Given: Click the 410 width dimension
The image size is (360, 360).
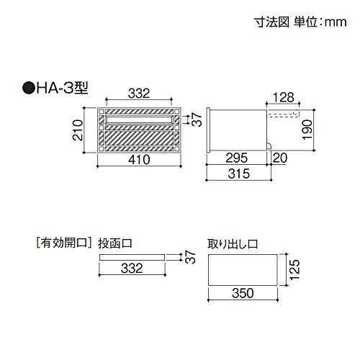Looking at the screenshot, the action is pos(139,160).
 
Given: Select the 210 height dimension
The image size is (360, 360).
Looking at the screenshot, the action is pos(78,130).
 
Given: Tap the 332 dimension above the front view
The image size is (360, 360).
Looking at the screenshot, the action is pos(139,94).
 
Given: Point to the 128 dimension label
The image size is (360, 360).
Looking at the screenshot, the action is pos(284,97).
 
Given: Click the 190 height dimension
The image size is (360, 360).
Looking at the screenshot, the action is pos(307,130).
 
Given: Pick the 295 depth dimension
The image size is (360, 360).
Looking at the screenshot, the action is pos(237,158).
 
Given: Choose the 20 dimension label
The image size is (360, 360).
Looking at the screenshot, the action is pos(280,158).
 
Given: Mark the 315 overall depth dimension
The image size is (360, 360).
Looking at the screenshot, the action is pos(238,174).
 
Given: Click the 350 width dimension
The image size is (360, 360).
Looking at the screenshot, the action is pos(243,293).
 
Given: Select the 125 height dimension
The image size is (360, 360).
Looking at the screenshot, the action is pos(294,269).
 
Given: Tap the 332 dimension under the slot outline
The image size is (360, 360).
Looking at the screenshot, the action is pos(132,268).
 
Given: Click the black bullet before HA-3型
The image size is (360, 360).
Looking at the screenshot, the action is pos(28,88).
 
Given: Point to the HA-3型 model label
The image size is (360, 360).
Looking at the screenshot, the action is pos(62,88).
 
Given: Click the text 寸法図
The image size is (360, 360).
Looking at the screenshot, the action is pos(271,22).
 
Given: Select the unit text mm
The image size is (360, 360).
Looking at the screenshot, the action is pos(336,23).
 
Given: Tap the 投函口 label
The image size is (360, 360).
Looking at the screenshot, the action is pos(115,243).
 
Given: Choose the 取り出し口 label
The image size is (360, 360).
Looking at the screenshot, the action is pos(233,244).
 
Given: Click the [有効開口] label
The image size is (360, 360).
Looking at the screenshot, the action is pos(64,243).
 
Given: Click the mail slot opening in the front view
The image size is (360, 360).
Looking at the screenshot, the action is pos(139,120).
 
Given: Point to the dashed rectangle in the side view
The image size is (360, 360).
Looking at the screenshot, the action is pos(284,114).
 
